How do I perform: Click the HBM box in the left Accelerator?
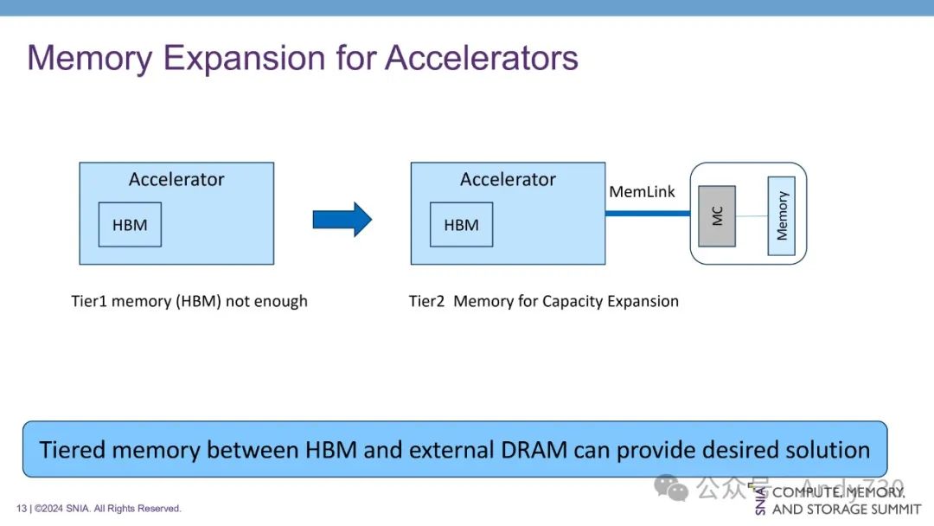coord(130,225)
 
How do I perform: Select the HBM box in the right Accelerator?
coord(461,225)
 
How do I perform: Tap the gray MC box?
coord(716,215)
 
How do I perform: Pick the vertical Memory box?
coord(782,215)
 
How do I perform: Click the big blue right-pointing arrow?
coord(342,219)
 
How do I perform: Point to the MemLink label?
coord(642,191)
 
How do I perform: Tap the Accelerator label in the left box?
coord(176,180)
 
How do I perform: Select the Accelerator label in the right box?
coord(508,180)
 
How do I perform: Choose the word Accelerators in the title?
coord(482,58)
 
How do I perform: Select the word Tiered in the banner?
coord(72,450)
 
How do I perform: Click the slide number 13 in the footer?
coord(22,509)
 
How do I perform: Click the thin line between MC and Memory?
coord(752,215)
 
